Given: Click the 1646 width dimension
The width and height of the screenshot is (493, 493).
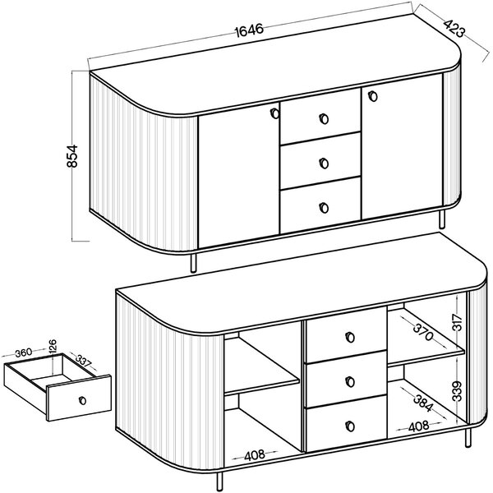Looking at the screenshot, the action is click(249, 30).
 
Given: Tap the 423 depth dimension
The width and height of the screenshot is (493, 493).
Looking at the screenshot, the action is click(454, 29).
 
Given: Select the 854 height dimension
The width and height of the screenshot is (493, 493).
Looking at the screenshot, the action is click(72, 156).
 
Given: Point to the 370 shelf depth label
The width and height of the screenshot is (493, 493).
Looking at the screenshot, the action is click(423, 332).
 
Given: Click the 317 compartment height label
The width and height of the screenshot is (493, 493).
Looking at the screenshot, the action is click(458, 322).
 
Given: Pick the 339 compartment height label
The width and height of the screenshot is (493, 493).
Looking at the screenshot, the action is click(457, 391).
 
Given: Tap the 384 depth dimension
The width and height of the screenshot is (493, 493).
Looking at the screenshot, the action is click(423, 403).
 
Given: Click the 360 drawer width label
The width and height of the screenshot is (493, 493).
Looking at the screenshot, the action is click(24, 352).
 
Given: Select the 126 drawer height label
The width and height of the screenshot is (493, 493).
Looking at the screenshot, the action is click(53, 347).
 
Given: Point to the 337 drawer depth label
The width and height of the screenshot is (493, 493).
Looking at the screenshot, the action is click(83, 362).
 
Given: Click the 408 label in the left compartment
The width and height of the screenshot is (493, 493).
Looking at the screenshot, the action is click(255, 455).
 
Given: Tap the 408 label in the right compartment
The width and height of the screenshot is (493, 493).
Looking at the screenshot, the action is click(419, 427).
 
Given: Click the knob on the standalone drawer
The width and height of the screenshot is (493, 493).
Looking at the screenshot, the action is click(82, 401).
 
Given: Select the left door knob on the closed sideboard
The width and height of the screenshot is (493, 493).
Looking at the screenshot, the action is click(274, 113).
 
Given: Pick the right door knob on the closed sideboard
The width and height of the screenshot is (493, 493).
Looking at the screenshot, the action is click(372, 96).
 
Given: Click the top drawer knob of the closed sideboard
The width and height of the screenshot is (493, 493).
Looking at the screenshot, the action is click(324, 119).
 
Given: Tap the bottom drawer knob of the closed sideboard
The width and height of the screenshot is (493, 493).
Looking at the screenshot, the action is click(324, 208).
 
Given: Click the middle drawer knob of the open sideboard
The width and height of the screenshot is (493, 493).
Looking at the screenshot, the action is click(350, 382).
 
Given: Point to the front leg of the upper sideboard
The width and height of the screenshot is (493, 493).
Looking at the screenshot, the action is click(194, 262).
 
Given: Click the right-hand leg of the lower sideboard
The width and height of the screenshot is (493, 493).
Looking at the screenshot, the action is click(468, 438).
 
